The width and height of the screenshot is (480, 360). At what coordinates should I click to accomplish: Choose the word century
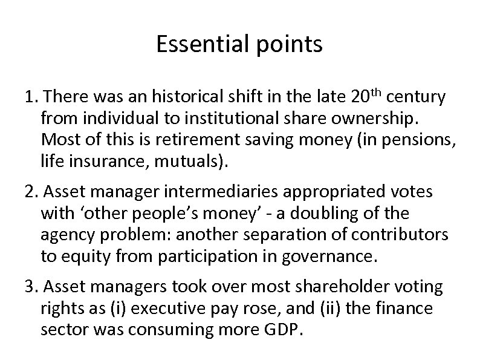(417, 97)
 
